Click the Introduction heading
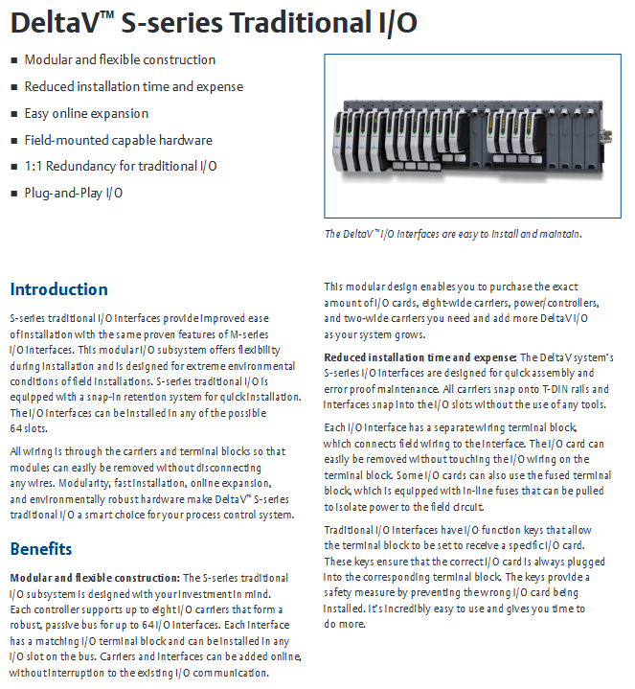click(58, 289)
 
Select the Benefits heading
click(40, 549)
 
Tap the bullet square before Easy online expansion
click(13, 114)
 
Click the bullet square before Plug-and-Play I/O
click(13, 194)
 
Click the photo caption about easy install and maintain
click(453, 234)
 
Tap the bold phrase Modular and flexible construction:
click(93, 578)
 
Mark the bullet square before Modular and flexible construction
click(13, 60)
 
